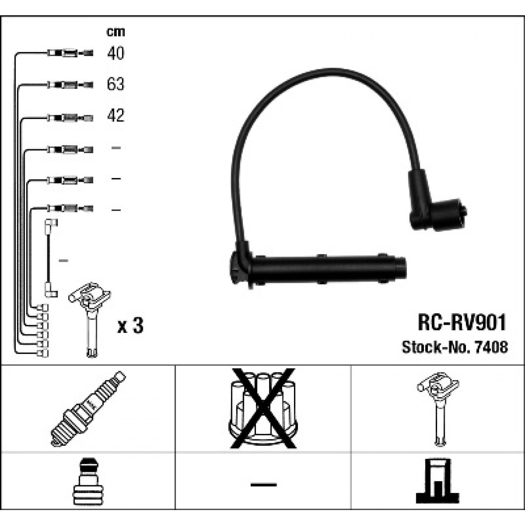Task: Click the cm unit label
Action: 116,32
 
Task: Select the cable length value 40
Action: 116,53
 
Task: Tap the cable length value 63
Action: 116,84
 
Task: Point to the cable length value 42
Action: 116,115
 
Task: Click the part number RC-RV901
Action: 462,322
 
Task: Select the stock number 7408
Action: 491,347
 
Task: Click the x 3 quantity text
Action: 130,326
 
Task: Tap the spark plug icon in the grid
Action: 88,409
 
